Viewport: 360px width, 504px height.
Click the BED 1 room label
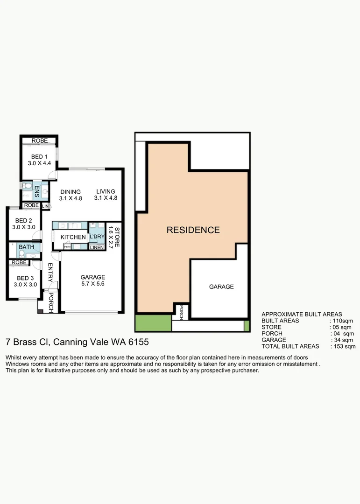[x=39, y=157]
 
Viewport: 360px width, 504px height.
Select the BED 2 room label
[x=24, y=221]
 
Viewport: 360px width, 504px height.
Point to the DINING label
[x=71, y=192]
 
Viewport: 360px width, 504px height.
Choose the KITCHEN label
[x=73, y=237]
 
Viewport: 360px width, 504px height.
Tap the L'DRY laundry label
[x=97, y=237]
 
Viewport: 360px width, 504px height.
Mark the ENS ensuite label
[x=37, y=191]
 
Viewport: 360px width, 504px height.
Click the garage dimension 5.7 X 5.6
[x=92, y=283]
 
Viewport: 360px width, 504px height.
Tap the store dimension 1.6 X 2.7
[x=110, y=237]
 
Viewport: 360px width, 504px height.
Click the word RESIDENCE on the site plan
[x=193, y=230]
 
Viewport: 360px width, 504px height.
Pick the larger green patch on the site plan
[x=153, y=322]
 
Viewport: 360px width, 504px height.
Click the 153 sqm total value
[x=344, y=346]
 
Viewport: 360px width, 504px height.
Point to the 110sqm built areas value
[x=342, y=321]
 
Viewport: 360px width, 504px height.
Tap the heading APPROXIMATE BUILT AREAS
[x=302, y=314]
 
